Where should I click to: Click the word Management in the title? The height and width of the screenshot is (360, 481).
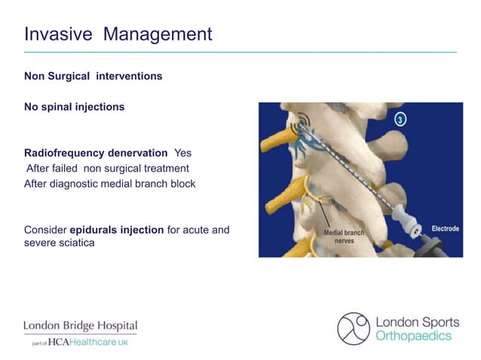tap(158, 34)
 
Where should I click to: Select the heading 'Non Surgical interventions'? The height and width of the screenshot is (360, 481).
tap(93, 76)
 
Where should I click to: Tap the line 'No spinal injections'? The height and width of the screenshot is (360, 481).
tap(74, 107)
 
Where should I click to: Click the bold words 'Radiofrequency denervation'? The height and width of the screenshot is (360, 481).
tap(96, 153)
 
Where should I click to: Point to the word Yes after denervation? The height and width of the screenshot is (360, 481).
tap(183, 153)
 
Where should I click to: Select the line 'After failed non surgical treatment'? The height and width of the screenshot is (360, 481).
tap(107, 168)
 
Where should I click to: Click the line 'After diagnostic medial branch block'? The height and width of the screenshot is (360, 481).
tap(109, 183)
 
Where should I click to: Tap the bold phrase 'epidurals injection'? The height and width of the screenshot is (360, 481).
tap(116, 229)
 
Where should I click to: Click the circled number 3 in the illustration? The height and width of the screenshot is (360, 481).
tap(401, 119)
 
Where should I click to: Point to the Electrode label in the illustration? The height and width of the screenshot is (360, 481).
tap(445, 228)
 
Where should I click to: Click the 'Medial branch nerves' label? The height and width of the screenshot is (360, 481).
tap(344, 236)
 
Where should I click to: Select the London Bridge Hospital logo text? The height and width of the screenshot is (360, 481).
tap(81, 326)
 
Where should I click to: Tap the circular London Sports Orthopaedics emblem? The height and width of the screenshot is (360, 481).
tap(353, 328)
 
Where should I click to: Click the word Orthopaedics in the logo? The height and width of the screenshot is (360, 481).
tap(413, 336)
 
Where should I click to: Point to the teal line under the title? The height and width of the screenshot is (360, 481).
tap(240, 52)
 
